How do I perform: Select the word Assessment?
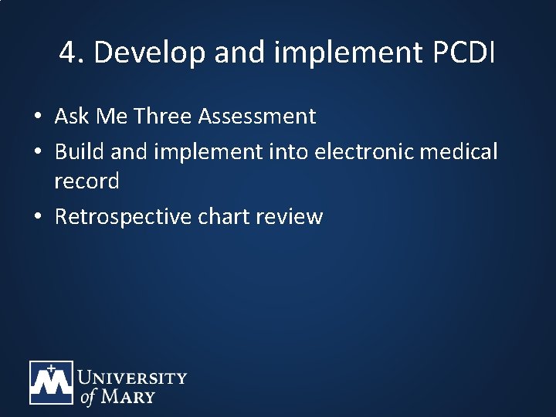click(x=256, y=117)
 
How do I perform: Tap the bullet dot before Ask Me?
click(x=37, y=117)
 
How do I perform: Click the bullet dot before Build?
click(x=37, y=152)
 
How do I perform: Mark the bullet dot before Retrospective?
click(x=37, y=217)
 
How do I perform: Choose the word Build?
click(x=79, y=151)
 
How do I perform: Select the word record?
click(x=86, y=181)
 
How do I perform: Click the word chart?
click(x=225, y=217)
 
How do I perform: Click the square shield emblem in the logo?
click(x=51, y=383)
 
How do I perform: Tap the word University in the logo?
click(x=132, y=378)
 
